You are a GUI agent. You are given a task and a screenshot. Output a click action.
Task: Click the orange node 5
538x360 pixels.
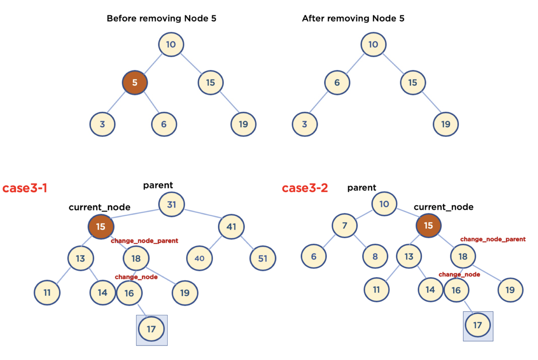tap(135, 83)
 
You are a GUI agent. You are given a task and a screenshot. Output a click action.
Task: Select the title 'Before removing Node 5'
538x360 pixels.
tap(161, 18)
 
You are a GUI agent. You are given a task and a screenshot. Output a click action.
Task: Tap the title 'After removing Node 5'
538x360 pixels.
tap(353, 18)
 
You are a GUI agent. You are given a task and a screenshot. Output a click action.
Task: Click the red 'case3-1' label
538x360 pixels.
tap(25, 188)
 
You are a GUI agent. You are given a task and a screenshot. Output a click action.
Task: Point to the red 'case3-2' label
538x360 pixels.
tap(305, 188)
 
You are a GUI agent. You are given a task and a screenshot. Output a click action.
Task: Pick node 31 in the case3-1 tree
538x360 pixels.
tap(171, 204)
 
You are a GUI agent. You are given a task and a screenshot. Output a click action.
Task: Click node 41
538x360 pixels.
tap(231, 227)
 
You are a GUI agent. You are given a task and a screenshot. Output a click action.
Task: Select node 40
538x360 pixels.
tap(199, 258)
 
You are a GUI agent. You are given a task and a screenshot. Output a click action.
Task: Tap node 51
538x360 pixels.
tap(263, 258)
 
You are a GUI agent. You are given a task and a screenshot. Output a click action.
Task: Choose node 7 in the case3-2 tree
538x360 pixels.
tap(344, 225)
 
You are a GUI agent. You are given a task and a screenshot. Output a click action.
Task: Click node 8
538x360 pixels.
tap(375, 256)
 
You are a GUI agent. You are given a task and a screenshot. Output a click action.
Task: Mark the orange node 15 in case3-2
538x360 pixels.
tap(428, 225)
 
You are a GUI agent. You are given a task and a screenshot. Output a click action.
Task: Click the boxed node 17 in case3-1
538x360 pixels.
tap(151, 329)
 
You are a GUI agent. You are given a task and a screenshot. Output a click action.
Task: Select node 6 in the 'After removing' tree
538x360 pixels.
tap(337, 83)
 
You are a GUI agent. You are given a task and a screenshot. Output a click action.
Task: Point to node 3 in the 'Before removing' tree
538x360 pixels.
tap(102, 124)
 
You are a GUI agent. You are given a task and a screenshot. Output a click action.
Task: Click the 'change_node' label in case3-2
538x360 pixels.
tap(459, 274)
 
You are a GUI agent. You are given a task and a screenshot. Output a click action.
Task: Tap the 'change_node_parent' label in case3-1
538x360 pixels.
tap(144, 241)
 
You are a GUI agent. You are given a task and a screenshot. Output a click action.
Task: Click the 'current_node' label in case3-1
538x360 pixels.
tap(99, 207)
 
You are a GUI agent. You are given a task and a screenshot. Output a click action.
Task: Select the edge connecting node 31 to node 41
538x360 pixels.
tap(203, 213)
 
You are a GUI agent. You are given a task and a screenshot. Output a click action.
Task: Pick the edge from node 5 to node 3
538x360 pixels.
tap(117, 102)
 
